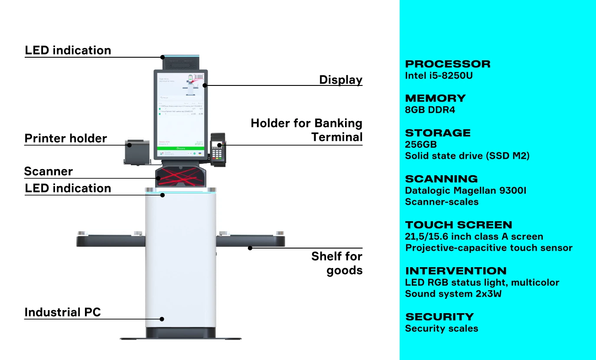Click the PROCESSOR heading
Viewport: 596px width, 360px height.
point(448,64)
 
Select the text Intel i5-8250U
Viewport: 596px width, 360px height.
point(439,75)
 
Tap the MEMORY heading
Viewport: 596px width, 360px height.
point(435,98)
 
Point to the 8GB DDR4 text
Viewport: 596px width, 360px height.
point(430,110)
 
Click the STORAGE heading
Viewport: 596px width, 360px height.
point(437,133)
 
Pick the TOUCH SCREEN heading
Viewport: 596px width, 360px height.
point(459,225)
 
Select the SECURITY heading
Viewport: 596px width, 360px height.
point(440,317)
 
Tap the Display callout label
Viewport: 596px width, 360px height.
point(341,80)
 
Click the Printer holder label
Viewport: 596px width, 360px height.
point(65,138)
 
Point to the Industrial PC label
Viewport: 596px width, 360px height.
point(62,312)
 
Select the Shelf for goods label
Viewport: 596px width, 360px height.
point(337,263)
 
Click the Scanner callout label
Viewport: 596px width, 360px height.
point(49,171)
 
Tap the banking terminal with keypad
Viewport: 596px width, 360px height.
point(218,150)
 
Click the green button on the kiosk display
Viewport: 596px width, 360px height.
point(181,148)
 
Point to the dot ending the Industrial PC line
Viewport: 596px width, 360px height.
point(162,319)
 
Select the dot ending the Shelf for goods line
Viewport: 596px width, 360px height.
point(250,248)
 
